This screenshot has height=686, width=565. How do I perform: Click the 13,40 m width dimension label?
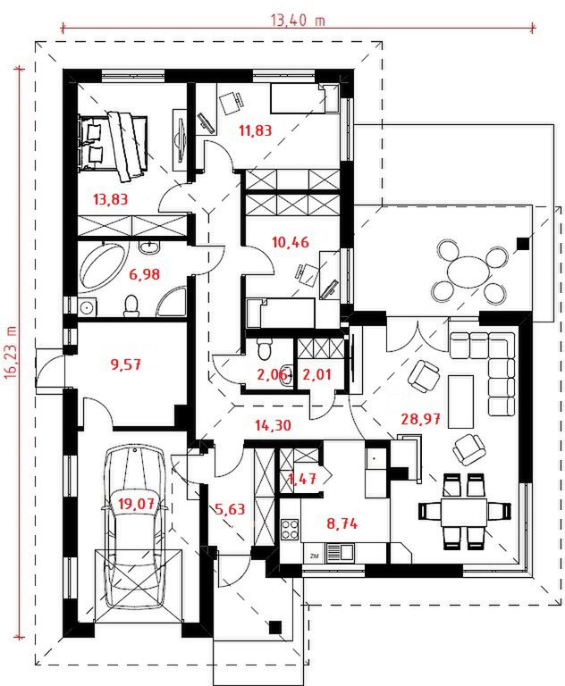click(299, 21)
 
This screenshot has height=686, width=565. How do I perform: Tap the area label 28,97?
click(420, 419)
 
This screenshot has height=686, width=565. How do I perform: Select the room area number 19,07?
click(136, 504)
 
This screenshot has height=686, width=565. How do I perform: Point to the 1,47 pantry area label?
click(302, 478)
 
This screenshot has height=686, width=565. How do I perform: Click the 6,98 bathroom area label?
click(145, 275)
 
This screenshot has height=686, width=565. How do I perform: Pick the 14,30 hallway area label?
click(274, 425)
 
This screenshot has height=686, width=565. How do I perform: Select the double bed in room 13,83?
click(113, 145)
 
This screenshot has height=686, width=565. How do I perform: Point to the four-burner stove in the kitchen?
click(290, 529)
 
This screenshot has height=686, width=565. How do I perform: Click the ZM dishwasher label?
click(314, 556)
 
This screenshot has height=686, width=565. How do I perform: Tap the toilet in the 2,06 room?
click(264, 347)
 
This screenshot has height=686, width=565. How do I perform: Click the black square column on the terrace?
click(522, 243)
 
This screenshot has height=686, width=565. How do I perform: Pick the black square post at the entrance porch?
click(275, 627)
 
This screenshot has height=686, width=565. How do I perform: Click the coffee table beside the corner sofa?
click(460, 401)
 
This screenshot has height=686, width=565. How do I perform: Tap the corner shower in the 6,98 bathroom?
click(172, 301)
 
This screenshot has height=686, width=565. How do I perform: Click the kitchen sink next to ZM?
click(340, 552)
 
